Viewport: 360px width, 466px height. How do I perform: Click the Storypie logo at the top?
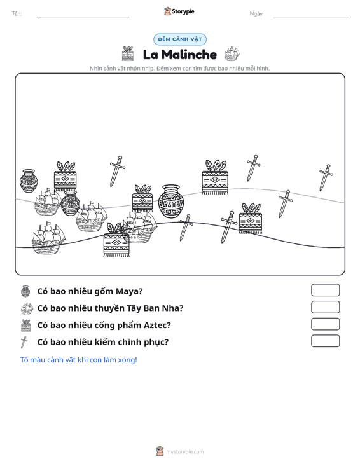click(179, 11)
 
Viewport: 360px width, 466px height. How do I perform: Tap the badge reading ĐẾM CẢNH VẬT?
click(180, 39)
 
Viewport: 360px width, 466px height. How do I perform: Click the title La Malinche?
click(180, 55)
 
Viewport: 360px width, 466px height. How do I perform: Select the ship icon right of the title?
click(232, 54)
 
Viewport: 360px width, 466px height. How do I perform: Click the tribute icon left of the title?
click(128, 54)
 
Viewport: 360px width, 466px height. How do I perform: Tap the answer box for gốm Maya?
click(325, 290)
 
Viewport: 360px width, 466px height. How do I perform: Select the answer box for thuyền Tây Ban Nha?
click(325, 307)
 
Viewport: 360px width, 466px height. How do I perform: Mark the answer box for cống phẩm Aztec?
click(325, 324)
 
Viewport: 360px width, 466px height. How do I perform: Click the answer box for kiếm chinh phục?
click(325, 341)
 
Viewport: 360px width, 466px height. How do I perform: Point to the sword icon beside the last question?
click(24, 342)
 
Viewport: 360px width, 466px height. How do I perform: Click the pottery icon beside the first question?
click(25, 291)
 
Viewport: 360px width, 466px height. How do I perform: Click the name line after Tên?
click(83, 17)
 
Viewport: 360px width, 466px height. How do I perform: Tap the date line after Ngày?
click(310, 17)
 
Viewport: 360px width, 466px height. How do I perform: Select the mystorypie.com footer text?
click(185, 452)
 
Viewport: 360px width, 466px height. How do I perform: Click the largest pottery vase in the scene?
click(171, 202)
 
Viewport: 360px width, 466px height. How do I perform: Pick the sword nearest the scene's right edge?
click(326, 177)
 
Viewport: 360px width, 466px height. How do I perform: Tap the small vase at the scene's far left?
click(29, 181)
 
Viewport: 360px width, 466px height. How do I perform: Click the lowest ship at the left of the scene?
click(48, 238)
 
